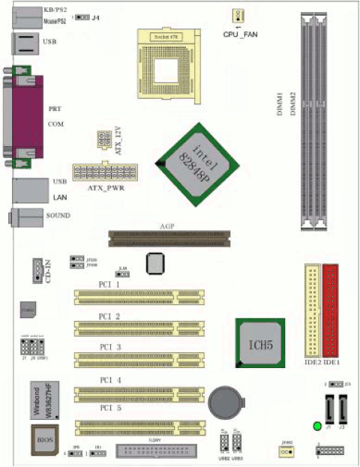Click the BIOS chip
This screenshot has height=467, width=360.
[43, 439]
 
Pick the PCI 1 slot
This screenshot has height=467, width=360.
[139, 297]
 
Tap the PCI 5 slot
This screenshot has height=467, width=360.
[139, 427]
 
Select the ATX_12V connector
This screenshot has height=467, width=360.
[103, 140]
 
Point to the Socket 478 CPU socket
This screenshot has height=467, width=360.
[169, 64]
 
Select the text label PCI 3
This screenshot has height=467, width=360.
[109, 347]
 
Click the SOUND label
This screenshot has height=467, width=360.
[58, 216]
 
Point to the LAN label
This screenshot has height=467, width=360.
[61, 197]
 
